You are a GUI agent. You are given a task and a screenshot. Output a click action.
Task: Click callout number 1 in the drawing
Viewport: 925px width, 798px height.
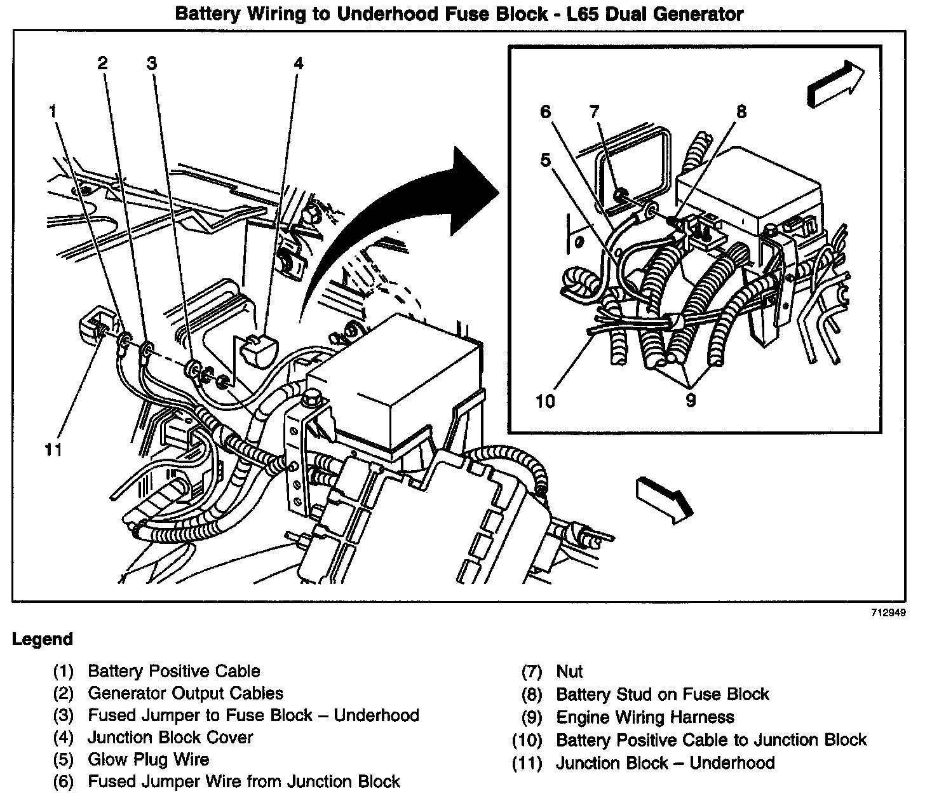tap(53, 112)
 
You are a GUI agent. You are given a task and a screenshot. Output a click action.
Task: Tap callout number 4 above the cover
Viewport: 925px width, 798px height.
tap(298, 63)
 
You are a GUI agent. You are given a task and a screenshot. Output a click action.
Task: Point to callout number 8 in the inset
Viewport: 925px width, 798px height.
tap(741, 112)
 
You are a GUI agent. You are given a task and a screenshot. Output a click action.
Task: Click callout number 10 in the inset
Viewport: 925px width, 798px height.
tap(545, 401)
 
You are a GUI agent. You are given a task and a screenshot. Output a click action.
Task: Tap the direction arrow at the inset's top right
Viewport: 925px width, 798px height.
tap(835, 83)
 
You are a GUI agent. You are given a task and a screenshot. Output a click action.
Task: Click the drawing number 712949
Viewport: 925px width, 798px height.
tap(888, 613)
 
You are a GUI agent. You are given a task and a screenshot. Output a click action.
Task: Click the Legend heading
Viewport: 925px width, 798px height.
tap(43, 639)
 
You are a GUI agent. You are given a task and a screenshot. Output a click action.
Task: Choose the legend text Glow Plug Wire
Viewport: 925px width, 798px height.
tap(148, 759)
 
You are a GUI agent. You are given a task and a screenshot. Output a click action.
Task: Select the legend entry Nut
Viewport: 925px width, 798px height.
tap(569, 672)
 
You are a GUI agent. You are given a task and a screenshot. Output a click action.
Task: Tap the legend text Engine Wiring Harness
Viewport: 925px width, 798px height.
tap(645, 717)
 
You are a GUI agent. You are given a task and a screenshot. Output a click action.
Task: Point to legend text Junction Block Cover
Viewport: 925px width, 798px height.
tap(170, 737)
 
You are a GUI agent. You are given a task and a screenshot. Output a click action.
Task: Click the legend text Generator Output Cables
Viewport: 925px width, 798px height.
tap(186, 693)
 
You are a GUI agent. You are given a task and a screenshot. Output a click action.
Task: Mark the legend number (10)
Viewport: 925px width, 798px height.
tap(527, 740)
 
